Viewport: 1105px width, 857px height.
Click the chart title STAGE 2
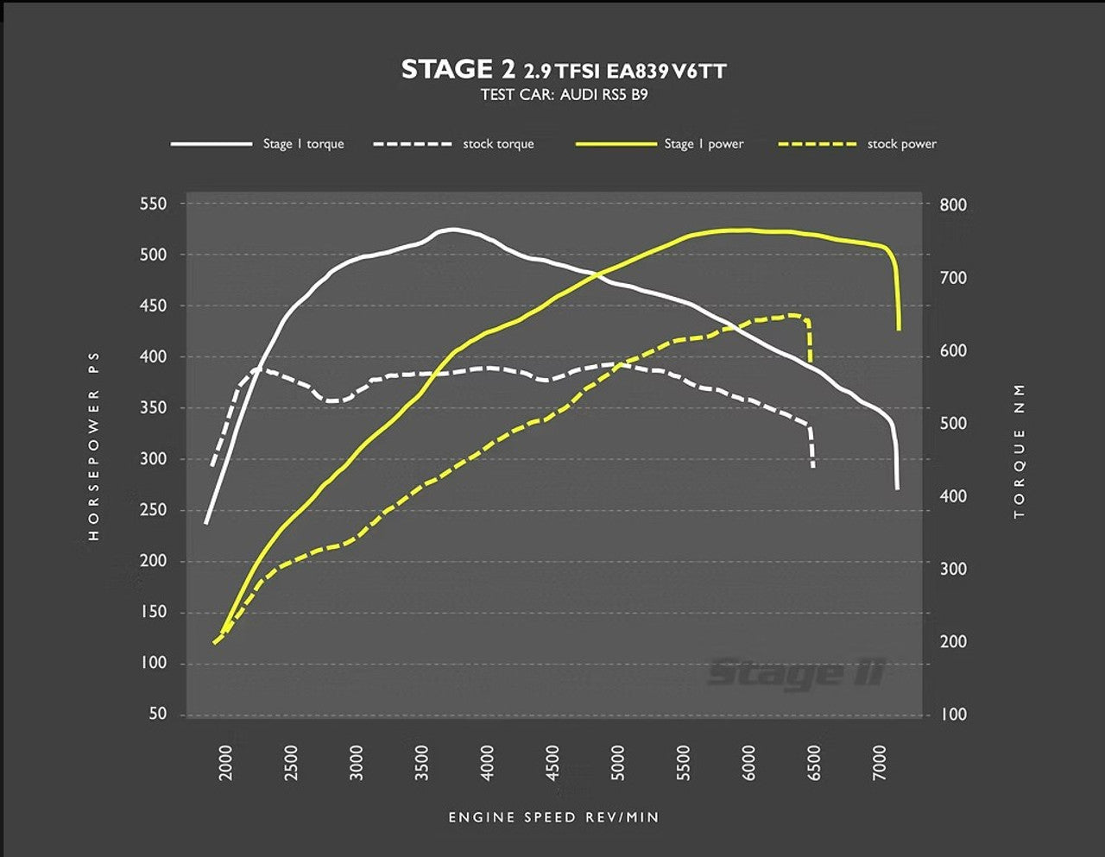coord(458,69)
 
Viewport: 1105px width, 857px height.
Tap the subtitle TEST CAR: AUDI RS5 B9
coord(564,95)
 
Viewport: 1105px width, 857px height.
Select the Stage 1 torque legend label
coord(303,144)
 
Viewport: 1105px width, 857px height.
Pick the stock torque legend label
coord(498,144)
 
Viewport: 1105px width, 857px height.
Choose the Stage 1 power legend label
coord(704,144)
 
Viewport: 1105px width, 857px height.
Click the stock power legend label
coord(901,144)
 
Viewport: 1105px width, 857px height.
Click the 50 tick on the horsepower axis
coord(157,714)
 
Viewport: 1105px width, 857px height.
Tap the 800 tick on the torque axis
coord(953,205)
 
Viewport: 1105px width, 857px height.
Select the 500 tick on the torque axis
coord(953,424)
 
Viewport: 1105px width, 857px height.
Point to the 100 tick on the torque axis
coord(953,715)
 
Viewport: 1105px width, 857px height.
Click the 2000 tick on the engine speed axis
coord(226,763)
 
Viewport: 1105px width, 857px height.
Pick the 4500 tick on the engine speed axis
coord(553,763)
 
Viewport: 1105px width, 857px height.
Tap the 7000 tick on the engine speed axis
coord(880,763)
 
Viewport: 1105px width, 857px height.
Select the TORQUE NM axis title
coord(1020,451)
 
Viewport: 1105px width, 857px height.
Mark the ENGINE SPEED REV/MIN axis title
coord(553,817)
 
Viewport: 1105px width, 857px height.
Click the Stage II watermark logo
coord(796,672)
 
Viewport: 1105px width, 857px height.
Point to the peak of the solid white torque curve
coord(453,229)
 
